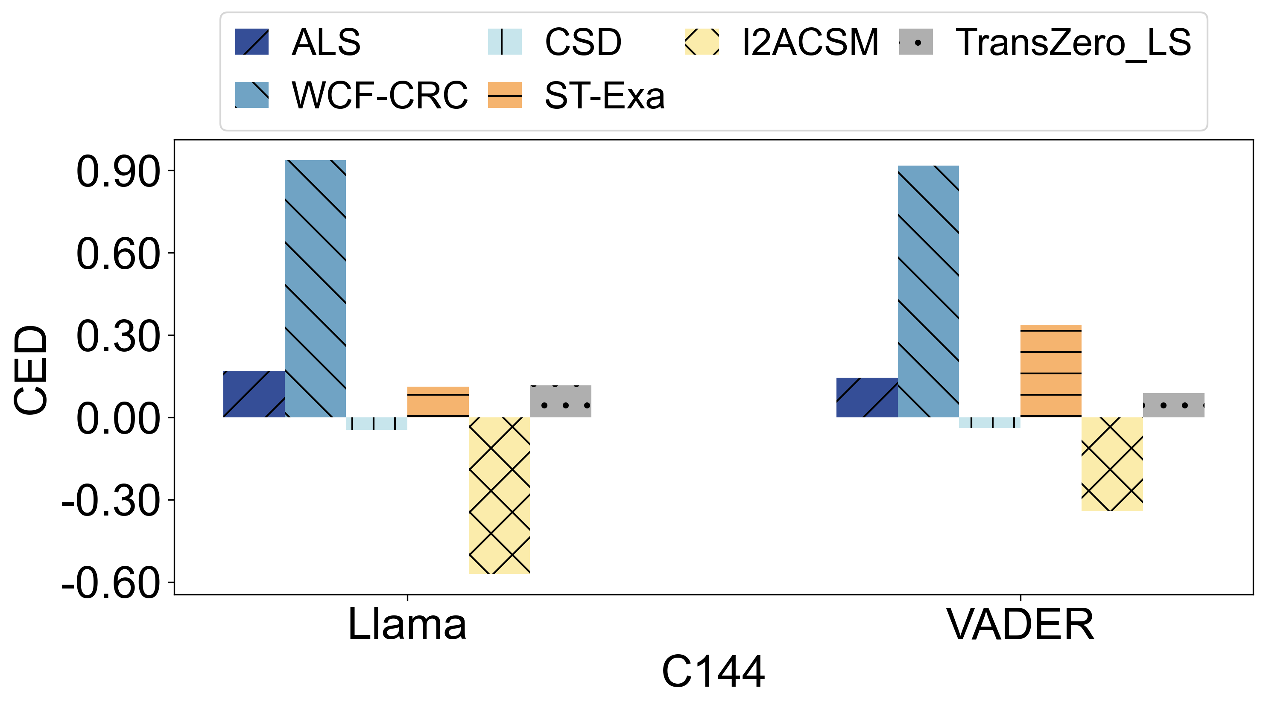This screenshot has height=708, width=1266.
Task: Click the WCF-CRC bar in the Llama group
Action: tap(315, 288)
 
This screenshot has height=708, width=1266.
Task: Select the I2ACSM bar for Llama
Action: tap(499, 495)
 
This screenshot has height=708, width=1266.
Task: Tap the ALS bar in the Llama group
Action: tap(254, 394)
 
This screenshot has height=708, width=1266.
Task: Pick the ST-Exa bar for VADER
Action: tap(1051, 371)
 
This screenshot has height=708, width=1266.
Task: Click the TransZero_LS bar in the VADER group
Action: tap(1174, 405)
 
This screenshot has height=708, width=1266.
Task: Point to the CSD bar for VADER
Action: tap(989, 422)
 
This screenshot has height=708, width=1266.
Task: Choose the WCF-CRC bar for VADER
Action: tap(928, 291)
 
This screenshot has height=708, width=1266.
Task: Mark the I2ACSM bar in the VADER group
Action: tap(1112, 464)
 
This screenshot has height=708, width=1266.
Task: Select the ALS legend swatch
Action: tap(251, 42)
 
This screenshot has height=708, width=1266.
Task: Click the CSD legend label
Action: tap(583, 42)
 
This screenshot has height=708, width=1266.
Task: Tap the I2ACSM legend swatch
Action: tap(702, 42)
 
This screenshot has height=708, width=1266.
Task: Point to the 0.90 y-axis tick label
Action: tap(118, 172)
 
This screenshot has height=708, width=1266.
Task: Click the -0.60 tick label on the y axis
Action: tap(111, 584)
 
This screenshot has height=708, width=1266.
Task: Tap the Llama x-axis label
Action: tap(407, 624)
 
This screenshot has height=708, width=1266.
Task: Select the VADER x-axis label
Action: tap(1020, 624)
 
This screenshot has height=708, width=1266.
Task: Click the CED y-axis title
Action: tap(30, 370)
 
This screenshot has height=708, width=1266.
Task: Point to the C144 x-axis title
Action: tap(713, 672)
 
